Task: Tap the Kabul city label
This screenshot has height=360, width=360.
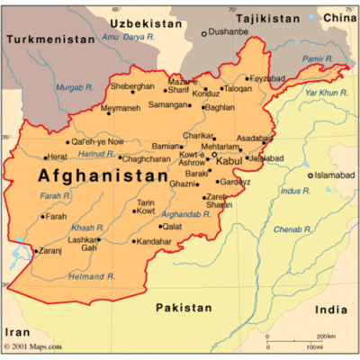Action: (x=229, y=161)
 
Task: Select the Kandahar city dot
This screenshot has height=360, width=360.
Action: (x=134, y=241)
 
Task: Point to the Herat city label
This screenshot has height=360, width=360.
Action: (x=58, y=157)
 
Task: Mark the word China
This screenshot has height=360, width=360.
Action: (x=340, y=18)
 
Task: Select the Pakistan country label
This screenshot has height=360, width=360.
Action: (x=184, y=308)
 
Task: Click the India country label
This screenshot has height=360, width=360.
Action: (x=331, y=310)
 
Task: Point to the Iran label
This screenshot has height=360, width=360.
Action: (x=18, y=332)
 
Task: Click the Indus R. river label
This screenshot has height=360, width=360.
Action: (x=294, y=191)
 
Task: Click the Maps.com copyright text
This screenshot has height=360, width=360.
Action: (x=34, y=346)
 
